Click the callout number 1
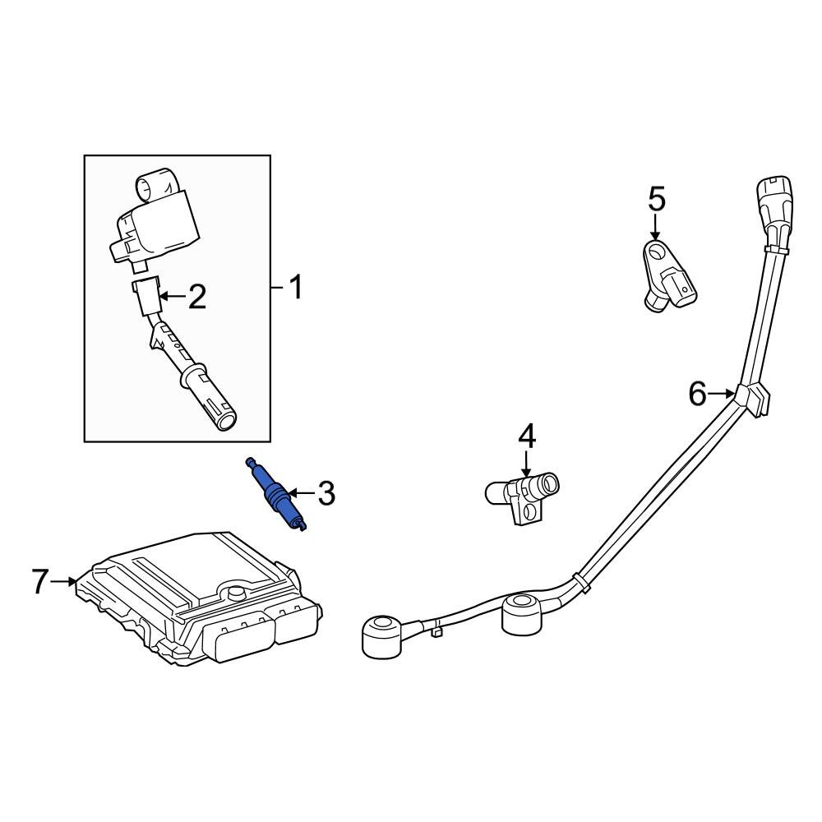click(x=296, y=288)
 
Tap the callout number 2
click(x=196, y=297)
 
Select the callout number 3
click(x=326, y=493)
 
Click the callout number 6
click(x=698, y=394)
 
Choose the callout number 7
click(x=39, y=581)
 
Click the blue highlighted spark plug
click(x=275, y=494)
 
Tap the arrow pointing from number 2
click(x=172, y=297)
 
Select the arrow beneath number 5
click(x=654, y=229)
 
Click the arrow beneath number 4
click(x=526, y=465)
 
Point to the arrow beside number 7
click(x=64, y=581)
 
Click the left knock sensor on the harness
click(x=384, y=636)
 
